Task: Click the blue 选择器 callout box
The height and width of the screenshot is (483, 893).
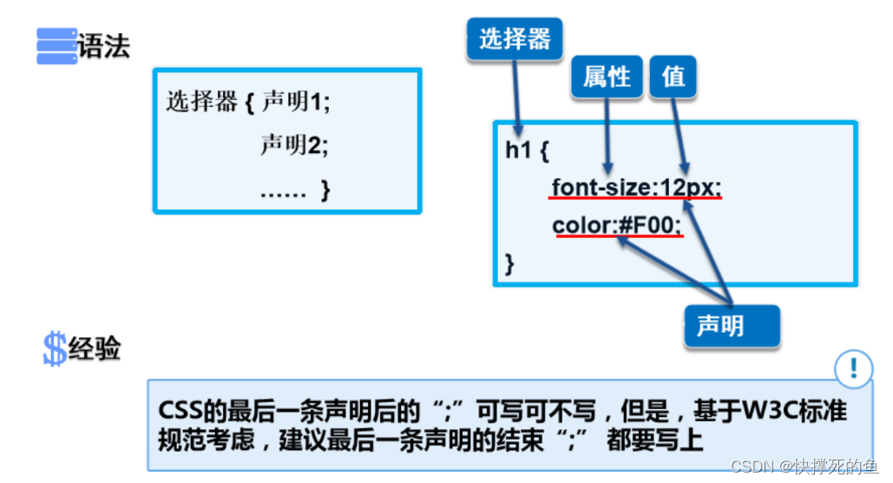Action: coord(515,39)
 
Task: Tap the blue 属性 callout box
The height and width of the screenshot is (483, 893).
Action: coord(606,77)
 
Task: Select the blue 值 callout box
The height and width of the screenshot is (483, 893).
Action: coord(673,77)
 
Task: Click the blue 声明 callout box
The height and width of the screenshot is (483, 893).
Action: coord(720,327)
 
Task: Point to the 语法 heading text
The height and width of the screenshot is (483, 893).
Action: coord(104,46)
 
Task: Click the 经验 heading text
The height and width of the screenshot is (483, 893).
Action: coord(95,349)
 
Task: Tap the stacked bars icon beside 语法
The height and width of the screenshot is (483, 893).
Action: coord(56,46)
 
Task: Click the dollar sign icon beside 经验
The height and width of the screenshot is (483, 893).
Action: coord(54,349)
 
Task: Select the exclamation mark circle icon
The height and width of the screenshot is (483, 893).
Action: coord(854,368)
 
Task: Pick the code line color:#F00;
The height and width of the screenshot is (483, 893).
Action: coord(617,226)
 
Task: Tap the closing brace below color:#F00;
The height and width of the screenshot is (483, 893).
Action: coord(510,263)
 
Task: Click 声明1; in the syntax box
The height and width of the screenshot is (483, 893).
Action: coord(296,103)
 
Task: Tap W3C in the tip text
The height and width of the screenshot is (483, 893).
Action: coord(758,410)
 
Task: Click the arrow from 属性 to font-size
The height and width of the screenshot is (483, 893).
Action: coord(607,135)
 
